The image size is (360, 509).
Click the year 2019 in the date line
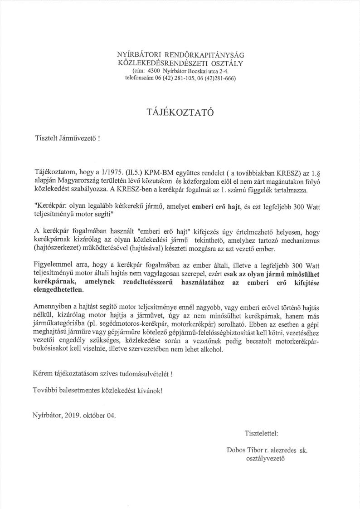tap(74, 416)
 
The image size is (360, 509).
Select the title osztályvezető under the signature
tap(265, 459)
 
